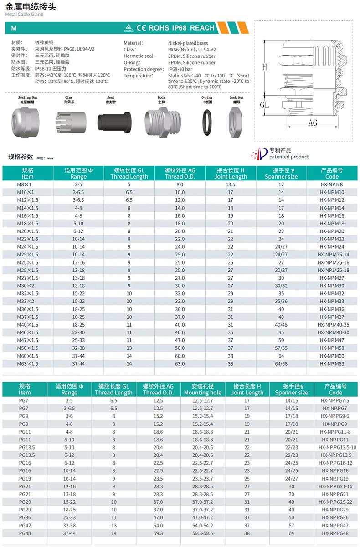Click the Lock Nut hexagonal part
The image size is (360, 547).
[x=236, y=123]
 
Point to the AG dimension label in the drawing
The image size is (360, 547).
[x=313, y=123]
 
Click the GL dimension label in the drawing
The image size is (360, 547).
[x=264, y=105]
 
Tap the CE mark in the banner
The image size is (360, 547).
[x=140, y=28]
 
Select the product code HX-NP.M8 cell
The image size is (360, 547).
[x=332, y=184]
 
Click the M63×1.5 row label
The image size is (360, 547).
[x=27, y=364]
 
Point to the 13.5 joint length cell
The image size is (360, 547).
[x=231, y=184]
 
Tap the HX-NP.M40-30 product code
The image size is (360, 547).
[x=332, y=332]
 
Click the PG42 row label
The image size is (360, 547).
[x=25, y=526]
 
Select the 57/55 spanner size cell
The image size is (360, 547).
[x=281, y=348]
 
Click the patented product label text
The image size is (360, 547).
[x=288, y=157]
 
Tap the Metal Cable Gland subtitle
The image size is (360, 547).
[x=24, y=15]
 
